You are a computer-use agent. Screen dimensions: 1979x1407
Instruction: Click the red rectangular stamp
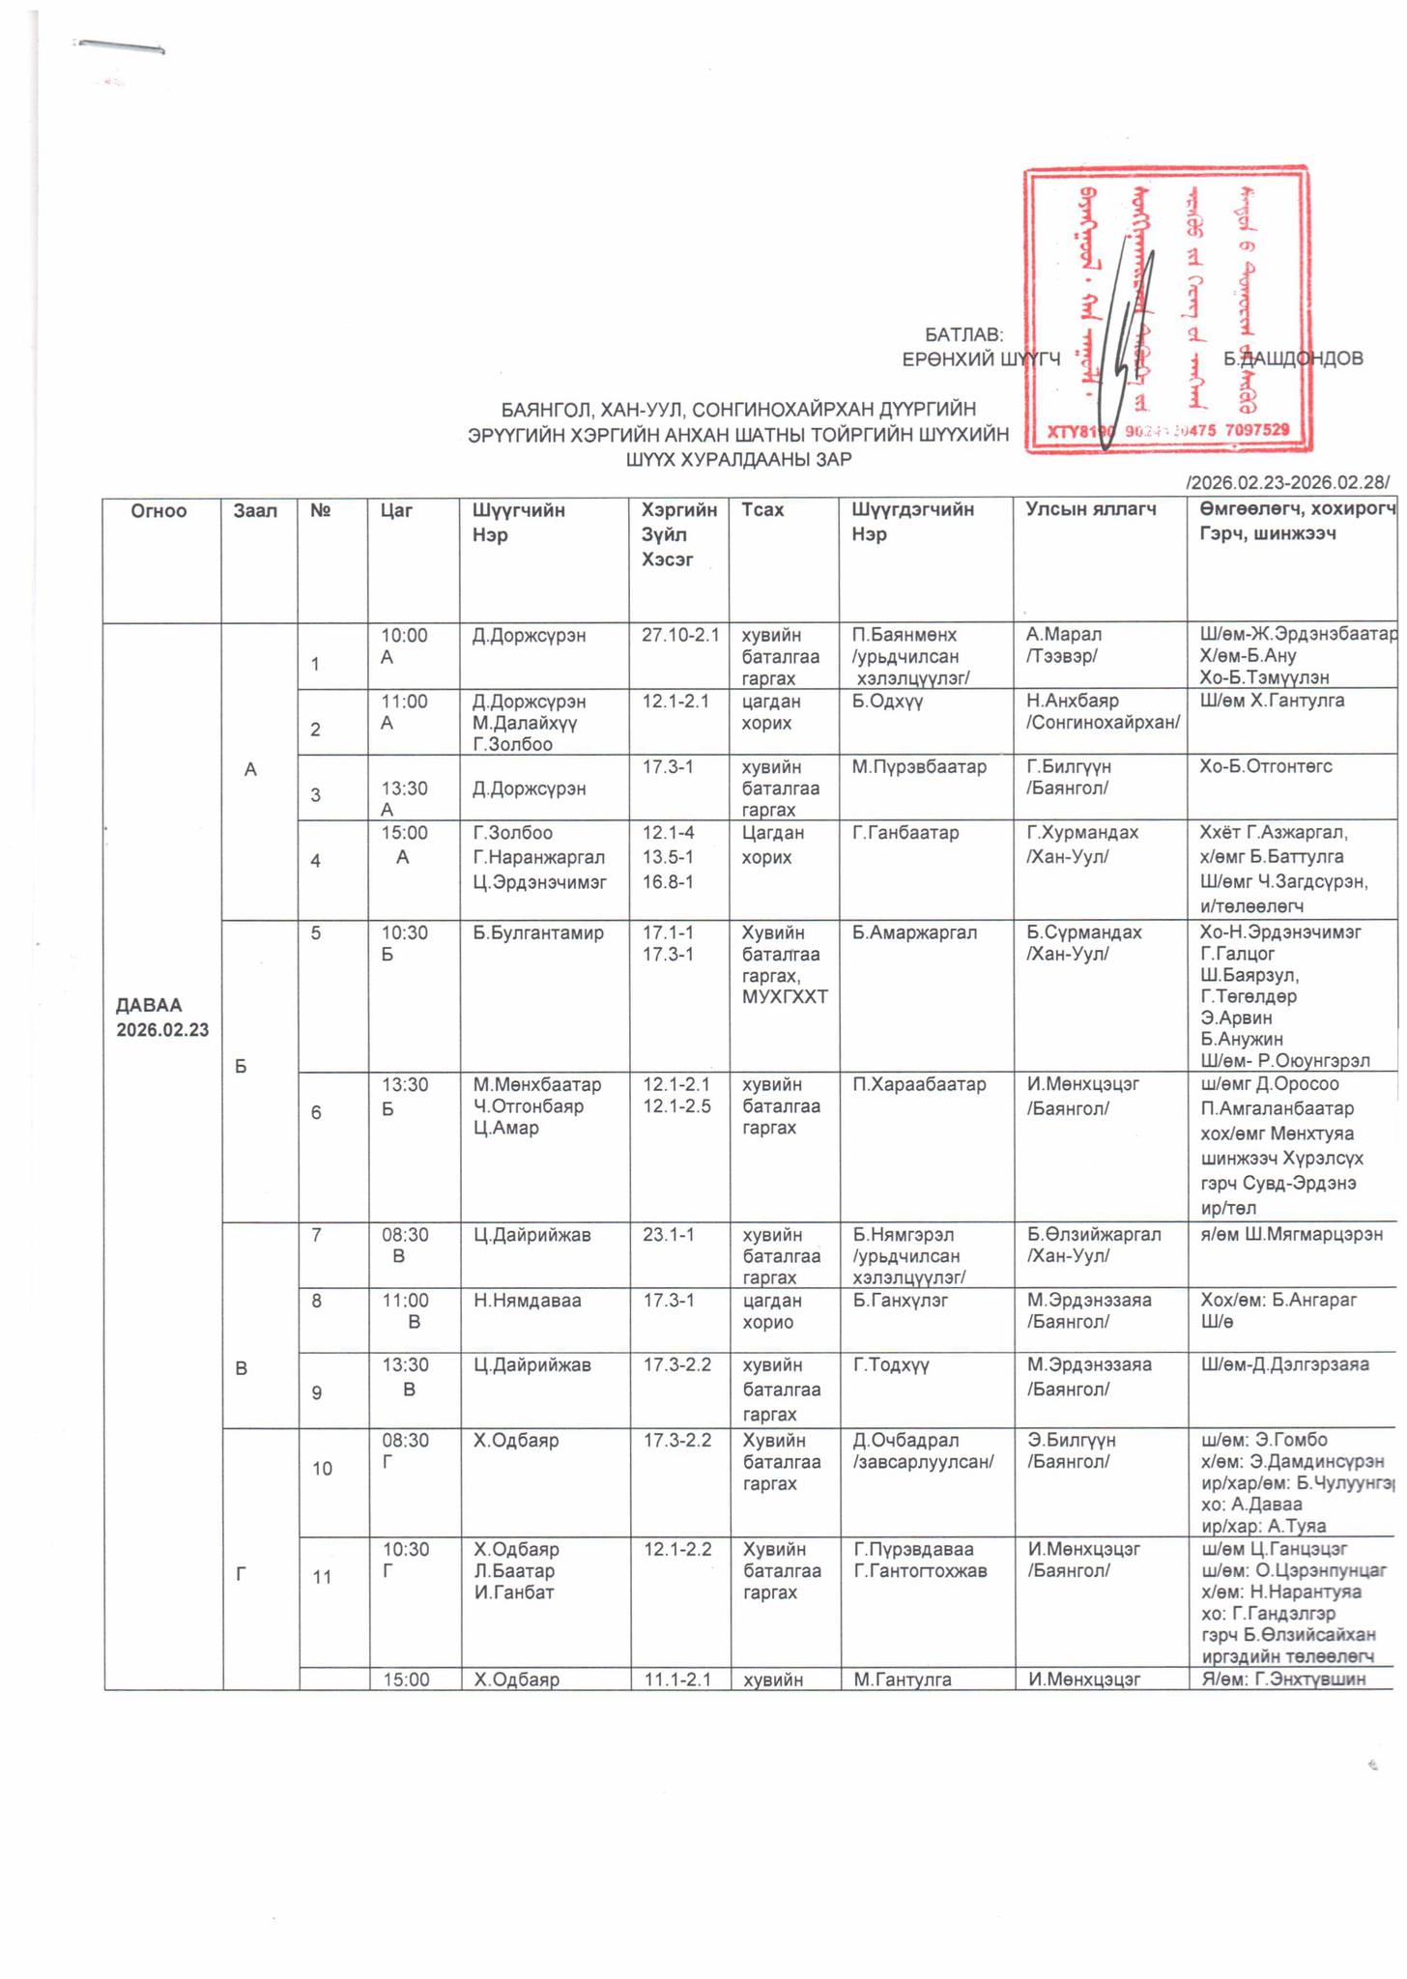coord(1166,309)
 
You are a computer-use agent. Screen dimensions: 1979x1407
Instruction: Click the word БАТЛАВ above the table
coord(963,334)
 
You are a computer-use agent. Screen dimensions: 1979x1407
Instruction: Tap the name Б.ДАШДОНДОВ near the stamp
coord(1293,359)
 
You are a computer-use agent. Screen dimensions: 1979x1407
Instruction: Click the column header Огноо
coord(158,510)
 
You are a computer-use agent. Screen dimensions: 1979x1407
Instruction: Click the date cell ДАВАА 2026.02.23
coord(162,1017)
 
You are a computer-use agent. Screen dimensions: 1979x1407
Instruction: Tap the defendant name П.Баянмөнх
coord(904,635)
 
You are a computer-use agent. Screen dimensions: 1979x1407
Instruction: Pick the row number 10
coord(322,1468)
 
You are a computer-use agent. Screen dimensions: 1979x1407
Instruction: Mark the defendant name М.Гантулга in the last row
coord(903,1678)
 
